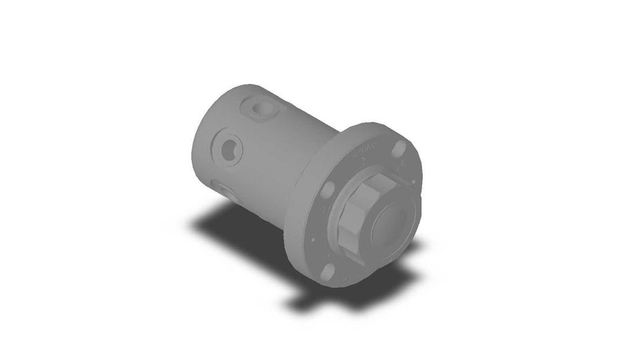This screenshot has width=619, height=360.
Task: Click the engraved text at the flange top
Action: (x=365, y=150)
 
